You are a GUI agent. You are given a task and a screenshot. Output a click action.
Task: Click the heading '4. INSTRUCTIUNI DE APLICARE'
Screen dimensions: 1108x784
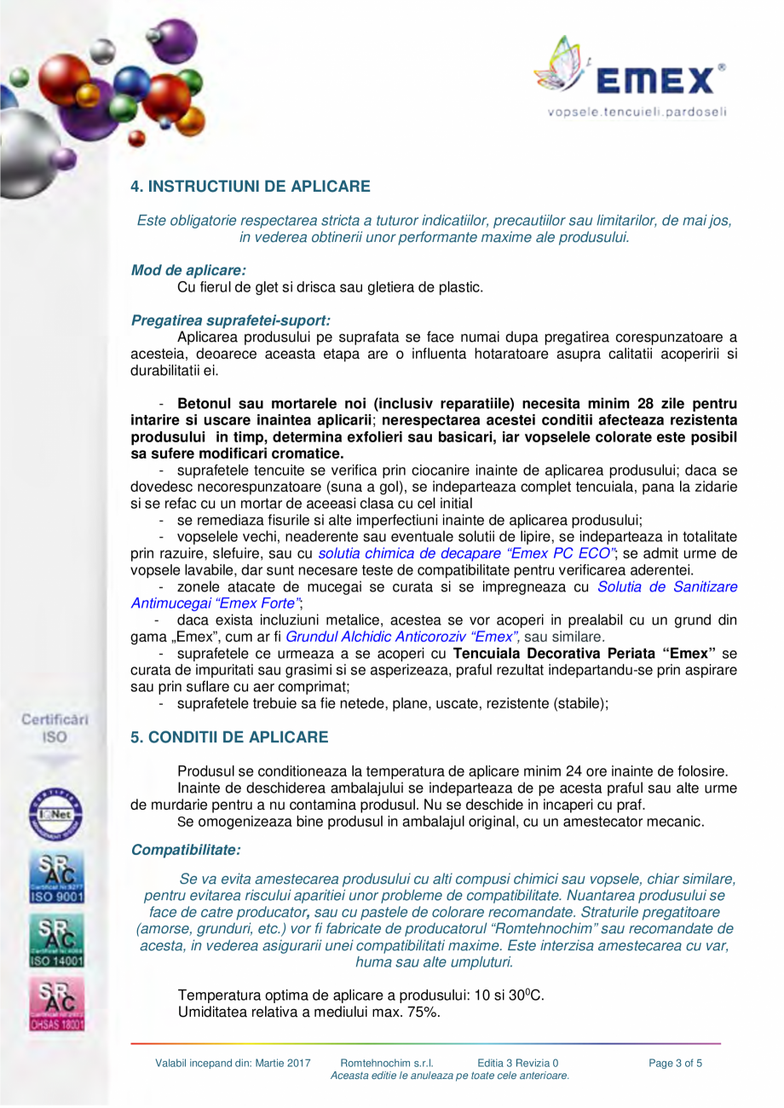tap(250, 185)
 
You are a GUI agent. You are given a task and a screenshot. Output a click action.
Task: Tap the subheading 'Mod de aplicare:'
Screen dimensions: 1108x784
tap(182, 270)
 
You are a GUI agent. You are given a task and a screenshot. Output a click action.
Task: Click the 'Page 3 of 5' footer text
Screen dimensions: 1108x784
tap(676, 1063)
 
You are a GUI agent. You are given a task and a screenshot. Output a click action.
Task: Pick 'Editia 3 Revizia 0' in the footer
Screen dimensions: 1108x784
tap(518, 1063)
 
